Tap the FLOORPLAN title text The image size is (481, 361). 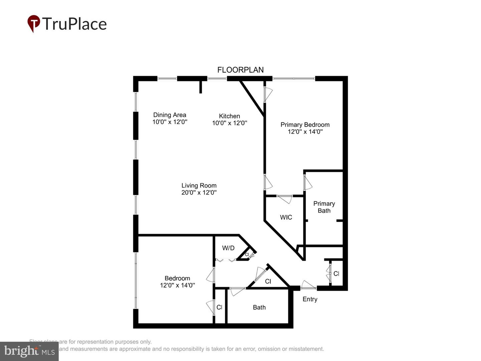(x=240, y=70)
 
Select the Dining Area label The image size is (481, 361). (x=170, y=115)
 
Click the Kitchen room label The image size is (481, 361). (x=229, y=116)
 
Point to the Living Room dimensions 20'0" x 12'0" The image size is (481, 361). (x=199, y=193)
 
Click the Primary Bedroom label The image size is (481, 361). (x=305, y=125)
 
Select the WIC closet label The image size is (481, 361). (x=286, y=217)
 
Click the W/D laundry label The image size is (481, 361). (x=228, y=248)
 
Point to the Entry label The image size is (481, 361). (x=310, y=299)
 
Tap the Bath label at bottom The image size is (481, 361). (x=259, y=308)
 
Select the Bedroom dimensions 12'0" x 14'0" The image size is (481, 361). (x=177, y=285)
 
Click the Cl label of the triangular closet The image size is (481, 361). (x=268, y=281)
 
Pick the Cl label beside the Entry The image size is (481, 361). (x=336, y=274)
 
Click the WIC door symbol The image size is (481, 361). (x=285, y=199)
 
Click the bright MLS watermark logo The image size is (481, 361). (x=29, y=351)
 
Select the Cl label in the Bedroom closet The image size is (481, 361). (x=219, y=307)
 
